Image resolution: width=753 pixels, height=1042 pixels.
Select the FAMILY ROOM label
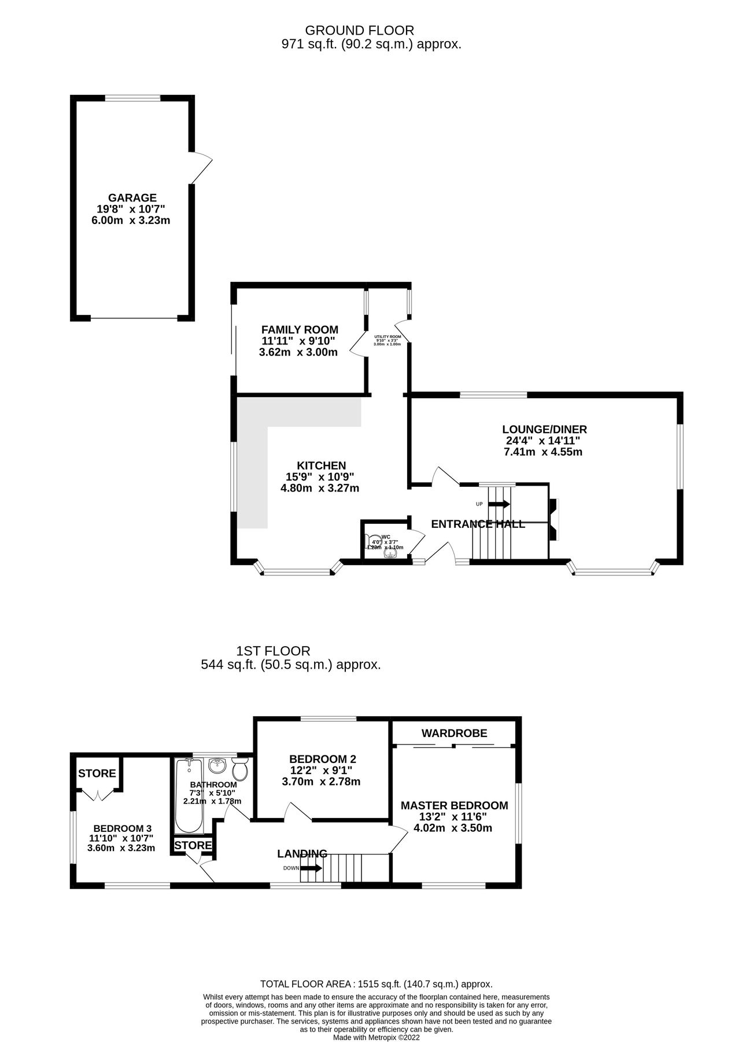click(300, 329)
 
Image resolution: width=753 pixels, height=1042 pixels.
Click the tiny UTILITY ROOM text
click(387, 336)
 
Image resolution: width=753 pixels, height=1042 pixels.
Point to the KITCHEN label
click(321, 465)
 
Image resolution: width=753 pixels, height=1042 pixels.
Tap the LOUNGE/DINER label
click(544, 430)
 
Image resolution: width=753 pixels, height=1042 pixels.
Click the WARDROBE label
click(454, 733)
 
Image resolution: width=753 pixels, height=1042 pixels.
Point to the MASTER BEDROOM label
click(454, 805)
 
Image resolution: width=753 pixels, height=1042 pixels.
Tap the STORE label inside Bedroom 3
click(97, 773)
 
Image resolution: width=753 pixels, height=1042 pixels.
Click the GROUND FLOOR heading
click(359, 30)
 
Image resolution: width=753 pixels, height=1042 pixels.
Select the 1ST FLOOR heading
click(273, 651)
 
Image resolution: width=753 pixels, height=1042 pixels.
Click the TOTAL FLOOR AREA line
click(376, 984)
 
